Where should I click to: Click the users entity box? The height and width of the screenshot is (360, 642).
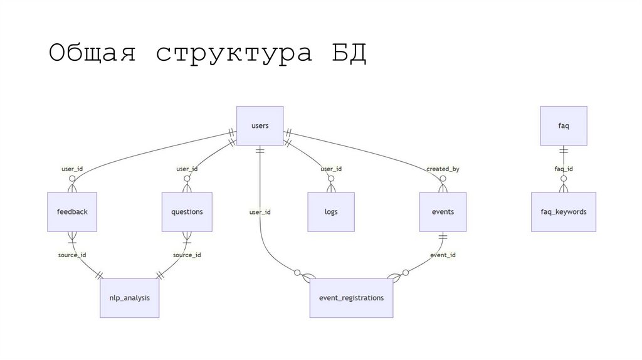[260, 126]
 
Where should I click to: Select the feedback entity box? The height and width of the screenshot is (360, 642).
[72, 212]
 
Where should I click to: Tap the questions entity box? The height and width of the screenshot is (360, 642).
[187, 212]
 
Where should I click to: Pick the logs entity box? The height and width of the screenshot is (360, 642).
[331, 212]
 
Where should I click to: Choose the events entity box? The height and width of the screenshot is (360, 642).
[443, 212]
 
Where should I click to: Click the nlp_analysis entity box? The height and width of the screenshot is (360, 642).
[130, 298]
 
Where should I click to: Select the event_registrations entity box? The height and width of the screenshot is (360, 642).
[351, 298]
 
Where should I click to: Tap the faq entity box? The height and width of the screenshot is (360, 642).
[564, 126]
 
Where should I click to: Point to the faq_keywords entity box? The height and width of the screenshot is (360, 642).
[564, 212]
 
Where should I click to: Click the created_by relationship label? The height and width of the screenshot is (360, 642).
[443, 169]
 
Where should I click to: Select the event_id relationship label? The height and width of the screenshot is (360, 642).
[443, 255]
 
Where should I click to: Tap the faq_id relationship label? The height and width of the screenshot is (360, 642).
[564, 169]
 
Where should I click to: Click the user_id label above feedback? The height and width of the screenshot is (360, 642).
[72, 169]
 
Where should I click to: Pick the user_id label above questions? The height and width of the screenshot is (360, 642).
[187, 169]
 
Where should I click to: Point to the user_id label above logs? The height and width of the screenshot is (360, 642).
[331, 169]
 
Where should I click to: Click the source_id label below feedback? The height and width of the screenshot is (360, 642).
[72, 255]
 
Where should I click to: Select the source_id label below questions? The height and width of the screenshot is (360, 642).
[187, 255]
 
